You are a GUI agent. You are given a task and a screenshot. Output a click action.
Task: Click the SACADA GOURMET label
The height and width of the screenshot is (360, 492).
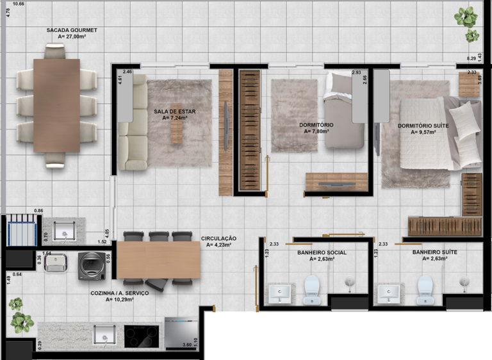coord(72,31)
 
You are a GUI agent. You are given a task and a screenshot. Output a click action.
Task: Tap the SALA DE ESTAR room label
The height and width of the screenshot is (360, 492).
coord(175,111)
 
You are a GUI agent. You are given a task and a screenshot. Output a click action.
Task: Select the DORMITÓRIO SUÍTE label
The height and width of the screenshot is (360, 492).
coord(423,126)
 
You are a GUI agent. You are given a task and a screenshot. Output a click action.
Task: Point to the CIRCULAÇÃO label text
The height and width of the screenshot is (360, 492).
coord(218,238)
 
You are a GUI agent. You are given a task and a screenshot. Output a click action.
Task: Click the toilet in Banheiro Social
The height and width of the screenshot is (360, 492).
coord(312,290)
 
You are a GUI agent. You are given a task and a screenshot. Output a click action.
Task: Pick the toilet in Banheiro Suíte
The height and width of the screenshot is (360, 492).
coord(425,290)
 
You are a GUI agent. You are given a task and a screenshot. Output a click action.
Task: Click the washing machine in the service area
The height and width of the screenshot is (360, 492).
coord(92,266)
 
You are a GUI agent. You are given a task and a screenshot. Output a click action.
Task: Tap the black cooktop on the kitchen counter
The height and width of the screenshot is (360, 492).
coord(142,336)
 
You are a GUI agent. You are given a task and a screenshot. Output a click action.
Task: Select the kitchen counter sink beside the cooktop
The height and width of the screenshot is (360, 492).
coord(104,335)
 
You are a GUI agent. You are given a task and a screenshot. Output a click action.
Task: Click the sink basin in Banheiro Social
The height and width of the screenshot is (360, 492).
coord(279,293)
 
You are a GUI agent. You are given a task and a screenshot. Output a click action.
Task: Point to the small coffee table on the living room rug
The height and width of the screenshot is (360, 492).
coord(176,124)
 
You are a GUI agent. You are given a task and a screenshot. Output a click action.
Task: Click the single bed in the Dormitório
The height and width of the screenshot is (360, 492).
coord(344,110)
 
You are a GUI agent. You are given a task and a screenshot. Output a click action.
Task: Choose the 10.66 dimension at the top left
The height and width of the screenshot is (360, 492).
coord(19,4)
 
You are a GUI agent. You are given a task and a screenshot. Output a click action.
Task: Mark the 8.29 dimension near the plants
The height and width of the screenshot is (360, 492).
coord(471,58)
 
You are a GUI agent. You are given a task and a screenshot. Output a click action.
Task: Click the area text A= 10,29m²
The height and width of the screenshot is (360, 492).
coord(120,299)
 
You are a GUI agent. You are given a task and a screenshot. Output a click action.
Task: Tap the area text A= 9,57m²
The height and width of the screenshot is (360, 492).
coord(423,132)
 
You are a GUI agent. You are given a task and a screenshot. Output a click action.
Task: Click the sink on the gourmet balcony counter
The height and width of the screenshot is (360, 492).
coord(64,231)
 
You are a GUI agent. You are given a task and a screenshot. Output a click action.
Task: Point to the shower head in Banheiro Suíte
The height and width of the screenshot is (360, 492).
coord(464,282)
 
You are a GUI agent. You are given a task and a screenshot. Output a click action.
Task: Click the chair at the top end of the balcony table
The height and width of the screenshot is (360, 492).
coord(55,51)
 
